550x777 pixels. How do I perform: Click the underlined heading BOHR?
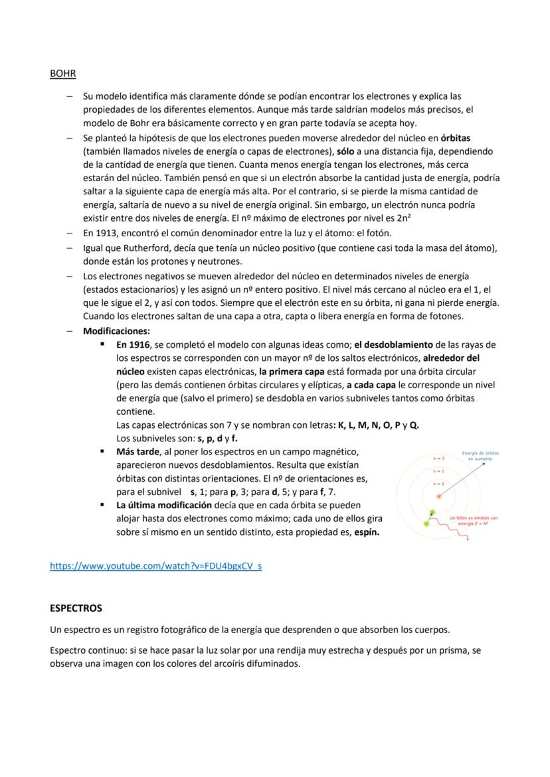[x=62, y=74]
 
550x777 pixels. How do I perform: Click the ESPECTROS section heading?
[x=76, y=608]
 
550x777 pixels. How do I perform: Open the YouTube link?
[x=155, y=566]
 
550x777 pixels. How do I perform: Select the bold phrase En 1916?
[x=133, y=345]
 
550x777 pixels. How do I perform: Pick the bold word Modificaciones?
[x=116, y=330]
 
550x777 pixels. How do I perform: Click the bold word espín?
[x=367, y=532]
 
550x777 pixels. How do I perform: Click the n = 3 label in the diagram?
[x=438, y=459]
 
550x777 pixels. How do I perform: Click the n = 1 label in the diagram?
[x=438, y=484]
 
